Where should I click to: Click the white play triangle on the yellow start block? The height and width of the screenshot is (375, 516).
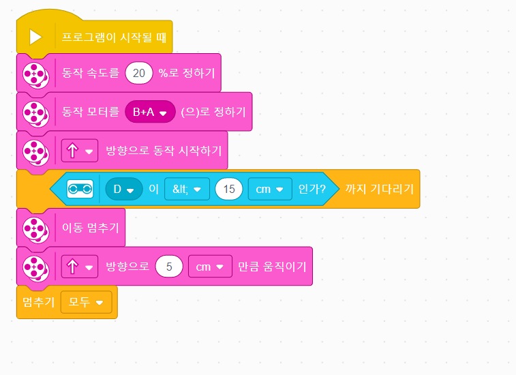click(35, 37)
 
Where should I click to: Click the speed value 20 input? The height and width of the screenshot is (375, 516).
click(139, 73)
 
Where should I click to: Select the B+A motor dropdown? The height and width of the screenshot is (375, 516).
click(150, 112)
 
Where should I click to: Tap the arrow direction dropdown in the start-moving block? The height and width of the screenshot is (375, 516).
click(80, 151)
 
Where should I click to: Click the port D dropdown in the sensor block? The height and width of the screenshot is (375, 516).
click(123, 189)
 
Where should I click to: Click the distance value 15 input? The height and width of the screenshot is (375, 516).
click(229, 189)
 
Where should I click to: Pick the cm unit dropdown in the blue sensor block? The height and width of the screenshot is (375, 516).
click(270, 189)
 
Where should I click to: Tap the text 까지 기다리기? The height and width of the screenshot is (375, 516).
click(380, 189)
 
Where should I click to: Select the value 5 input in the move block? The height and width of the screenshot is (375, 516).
click(169, 267)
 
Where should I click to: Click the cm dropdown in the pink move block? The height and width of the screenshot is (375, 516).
click(209, 267)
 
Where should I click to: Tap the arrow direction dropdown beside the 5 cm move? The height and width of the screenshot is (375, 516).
click(80, 267)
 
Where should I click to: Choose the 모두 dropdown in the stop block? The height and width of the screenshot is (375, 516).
click(86, 302)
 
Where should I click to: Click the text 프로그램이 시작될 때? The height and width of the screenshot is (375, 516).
click(114, 37)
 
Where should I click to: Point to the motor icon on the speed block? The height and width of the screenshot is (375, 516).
click(35, 73)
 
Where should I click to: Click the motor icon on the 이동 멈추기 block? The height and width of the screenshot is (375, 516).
click(35, 228)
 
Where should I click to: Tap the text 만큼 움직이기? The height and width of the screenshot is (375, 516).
click(272, 267)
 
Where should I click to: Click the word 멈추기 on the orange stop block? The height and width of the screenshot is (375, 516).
click(39, 302)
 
